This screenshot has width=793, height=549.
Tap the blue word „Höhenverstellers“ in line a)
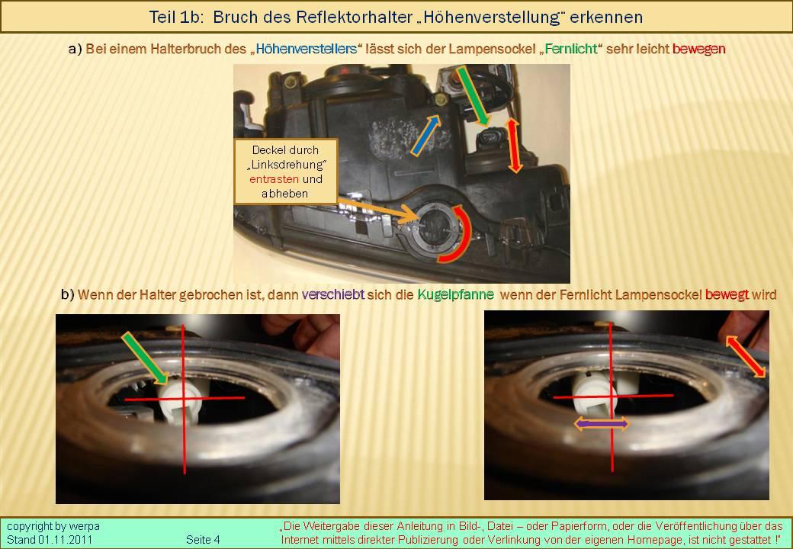pos(307,49)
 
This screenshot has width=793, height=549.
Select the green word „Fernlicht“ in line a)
pos(571,49)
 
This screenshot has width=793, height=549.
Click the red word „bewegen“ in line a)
pos(699,49)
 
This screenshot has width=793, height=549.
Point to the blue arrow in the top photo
pos(425,135)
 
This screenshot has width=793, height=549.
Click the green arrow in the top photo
pos(472,96)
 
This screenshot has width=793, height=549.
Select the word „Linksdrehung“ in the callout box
pos(286,164)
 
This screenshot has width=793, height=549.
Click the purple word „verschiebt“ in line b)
pos(332,294)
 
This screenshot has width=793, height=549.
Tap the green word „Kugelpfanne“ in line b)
pos(456,295)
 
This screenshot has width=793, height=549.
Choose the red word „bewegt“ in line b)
pos(727,295)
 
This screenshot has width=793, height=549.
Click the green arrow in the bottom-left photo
pos(145,358)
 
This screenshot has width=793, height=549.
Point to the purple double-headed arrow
pos(601,424)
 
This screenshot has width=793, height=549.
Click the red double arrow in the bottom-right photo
pos(746,356)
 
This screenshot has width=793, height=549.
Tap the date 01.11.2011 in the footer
pos(66,539)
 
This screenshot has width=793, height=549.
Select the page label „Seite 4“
pos(203,539)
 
